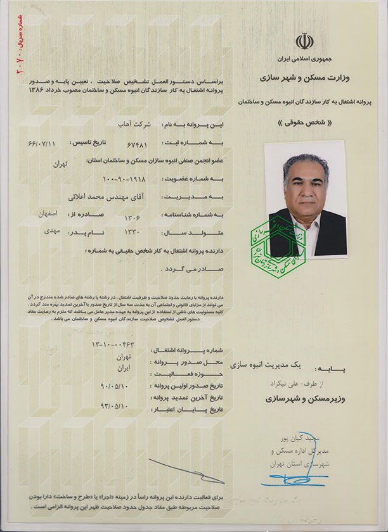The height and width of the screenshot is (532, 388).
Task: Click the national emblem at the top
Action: point(304,42)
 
